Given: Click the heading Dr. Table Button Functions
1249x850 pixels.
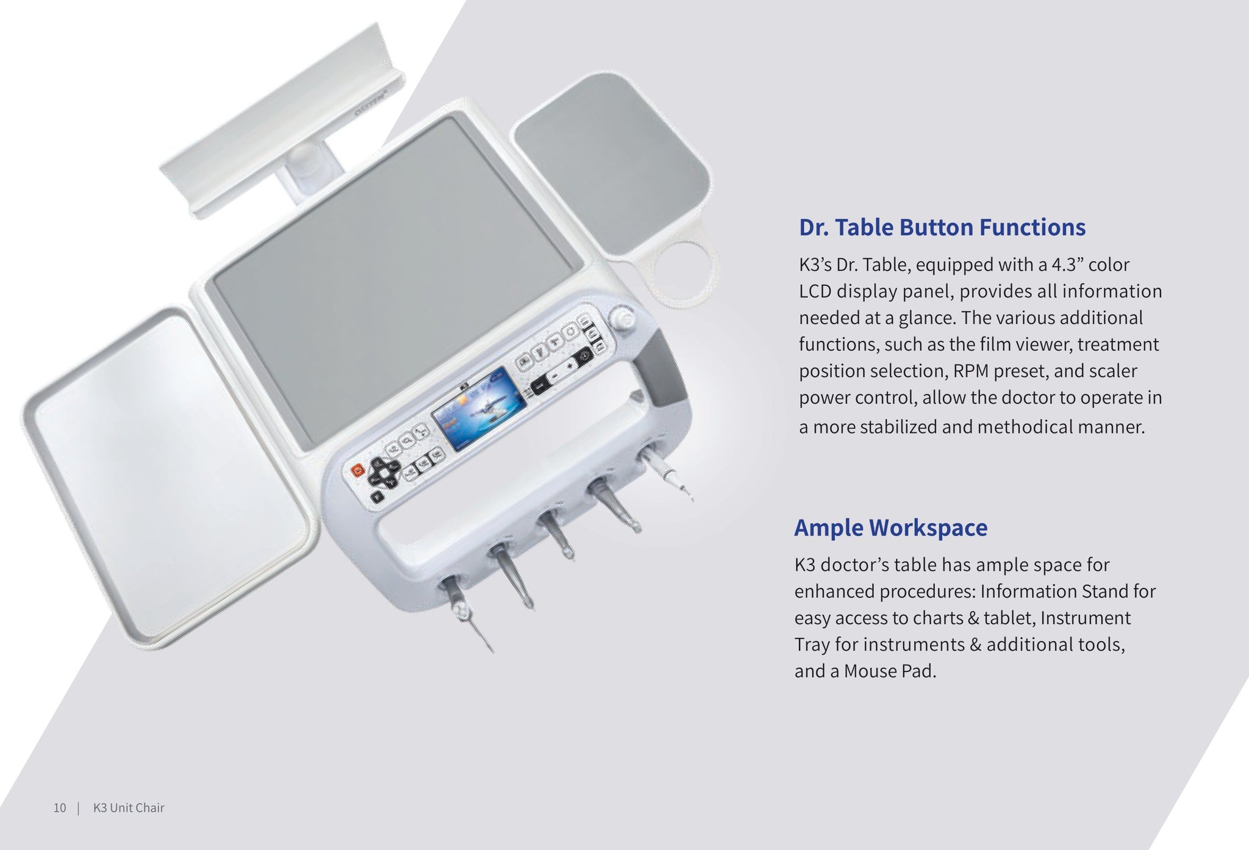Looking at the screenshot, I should tap(942, 227).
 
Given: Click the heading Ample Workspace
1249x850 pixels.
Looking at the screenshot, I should tap(890, 527).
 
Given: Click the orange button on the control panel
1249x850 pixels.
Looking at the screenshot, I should tap(357, 470).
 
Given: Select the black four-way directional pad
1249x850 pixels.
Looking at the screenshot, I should tap(382, 473).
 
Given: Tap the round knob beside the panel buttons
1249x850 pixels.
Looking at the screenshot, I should tap(622, 319).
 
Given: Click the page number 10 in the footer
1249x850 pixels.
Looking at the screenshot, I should tap(59, 808).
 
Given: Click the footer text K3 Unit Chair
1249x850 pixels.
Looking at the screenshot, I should tap(129, 808).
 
